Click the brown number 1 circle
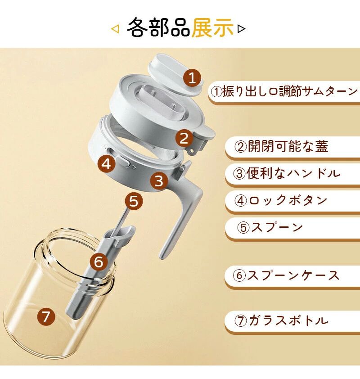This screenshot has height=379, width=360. click(x=192, y=77)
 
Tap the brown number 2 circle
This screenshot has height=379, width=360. click(x=184, y=138)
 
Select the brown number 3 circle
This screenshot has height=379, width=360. click(x=159, y=181)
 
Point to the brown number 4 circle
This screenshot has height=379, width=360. click(x=106, y=164)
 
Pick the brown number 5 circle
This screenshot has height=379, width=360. click(x=134, y=201)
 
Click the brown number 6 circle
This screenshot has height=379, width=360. click(x=99, y=261)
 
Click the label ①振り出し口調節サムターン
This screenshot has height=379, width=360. click(x=284, y=91)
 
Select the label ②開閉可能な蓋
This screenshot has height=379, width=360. click(x=281, y=146)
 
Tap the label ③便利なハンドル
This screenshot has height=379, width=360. click(x=287, y=173)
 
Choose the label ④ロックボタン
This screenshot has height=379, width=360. click(x=280, y=200)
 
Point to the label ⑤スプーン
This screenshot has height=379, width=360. click(x=270, y=227)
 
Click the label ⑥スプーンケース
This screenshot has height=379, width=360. click(x=286, y=275)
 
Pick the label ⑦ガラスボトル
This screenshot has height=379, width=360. click(x=281, y=320)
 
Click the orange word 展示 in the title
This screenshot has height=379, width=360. click(x=212, y=28)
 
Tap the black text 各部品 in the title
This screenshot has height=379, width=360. click(x=159, y=28)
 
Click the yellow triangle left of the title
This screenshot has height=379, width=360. click(x=115, y=29)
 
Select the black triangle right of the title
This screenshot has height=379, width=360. click(x=241, y=29)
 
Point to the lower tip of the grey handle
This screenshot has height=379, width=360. click(x=162, y=257)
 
